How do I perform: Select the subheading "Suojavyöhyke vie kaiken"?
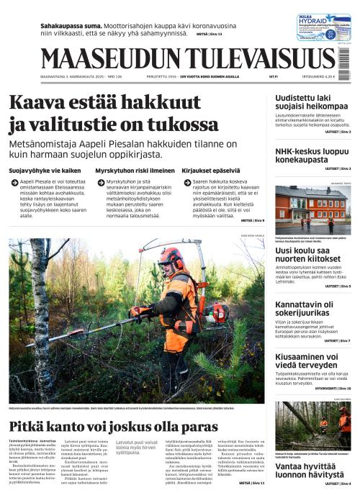[44, 171]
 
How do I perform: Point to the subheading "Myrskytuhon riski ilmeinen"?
[134, 171]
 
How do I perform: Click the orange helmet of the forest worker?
[171, 256]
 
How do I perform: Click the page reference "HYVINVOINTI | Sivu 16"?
[330, 387]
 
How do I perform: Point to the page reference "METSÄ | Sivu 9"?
[252, 220]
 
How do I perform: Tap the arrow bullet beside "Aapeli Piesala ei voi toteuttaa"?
[14, 183]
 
